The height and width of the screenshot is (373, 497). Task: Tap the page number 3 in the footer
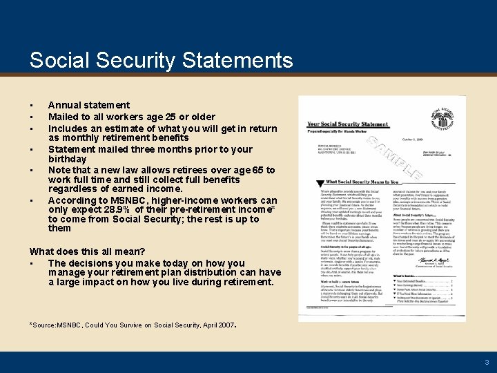487,362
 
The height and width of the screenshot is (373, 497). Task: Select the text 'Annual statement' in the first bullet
89,105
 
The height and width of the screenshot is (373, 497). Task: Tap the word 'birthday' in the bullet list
67,159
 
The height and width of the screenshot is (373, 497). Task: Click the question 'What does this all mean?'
87,251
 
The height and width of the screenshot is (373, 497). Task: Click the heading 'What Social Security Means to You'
360,182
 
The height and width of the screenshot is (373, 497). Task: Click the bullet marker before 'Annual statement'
32,106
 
